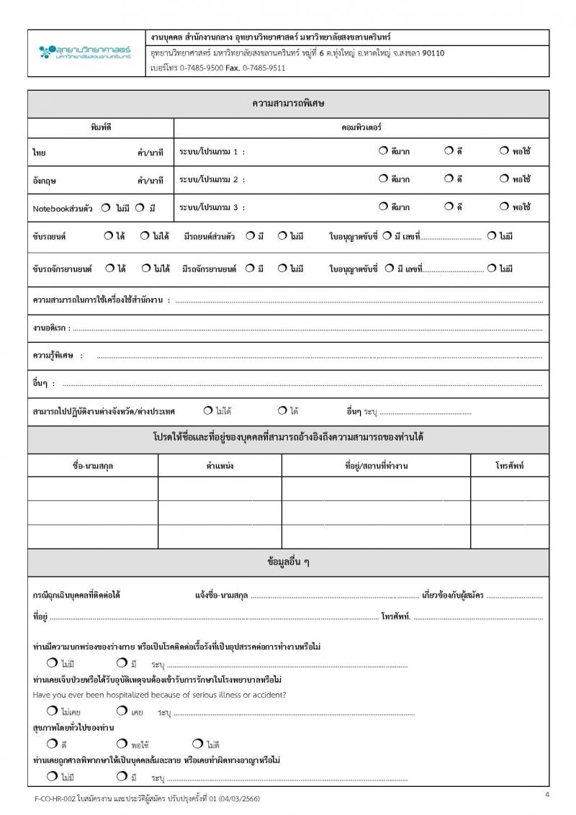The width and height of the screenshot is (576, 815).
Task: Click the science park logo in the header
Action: pyautogui.click(x=84, y=51)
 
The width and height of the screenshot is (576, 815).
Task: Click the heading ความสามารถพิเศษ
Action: pyautogui.click(x=288, y=104)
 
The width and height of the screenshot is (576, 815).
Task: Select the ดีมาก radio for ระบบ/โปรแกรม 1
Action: pyautogui.click(x=383, y=151)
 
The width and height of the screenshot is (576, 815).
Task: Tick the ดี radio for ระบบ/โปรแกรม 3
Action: pyautogui.click(x=449, y=207)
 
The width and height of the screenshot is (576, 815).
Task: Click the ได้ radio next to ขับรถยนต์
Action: pyautogui.click(x=108, y=235)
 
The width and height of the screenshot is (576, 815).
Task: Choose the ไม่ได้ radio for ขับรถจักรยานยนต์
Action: pyautogui.click(x=145, y=268)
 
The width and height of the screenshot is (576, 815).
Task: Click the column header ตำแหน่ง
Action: pyautogui.click(x=220, y=466)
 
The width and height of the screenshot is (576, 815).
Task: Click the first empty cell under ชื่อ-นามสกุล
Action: pyautogui.click(x=93, y=488)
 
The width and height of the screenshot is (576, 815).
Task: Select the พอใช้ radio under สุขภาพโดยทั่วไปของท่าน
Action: pyautogui.click(x=122, y=744)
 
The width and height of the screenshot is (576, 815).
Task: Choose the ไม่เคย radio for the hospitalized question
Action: pyautogui.click(x=52, y=711)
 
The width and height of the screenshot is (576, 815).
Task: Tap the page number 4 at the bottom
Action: pyautogui.click(x=547, y=794)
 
